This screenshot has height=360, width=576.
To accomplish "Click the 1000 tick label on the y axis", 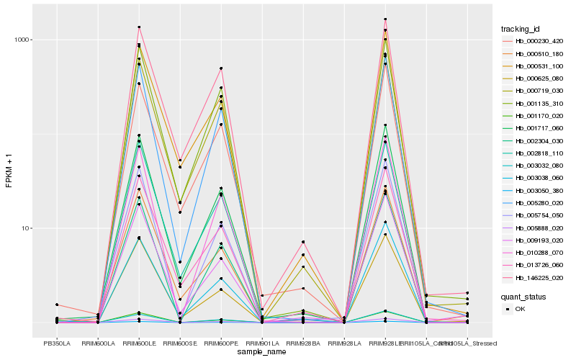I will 22,40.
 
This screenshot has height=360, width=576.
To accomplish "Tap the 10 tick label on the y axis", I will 26,228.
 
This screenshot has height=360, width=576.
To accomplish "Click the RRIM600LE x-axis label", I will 139,343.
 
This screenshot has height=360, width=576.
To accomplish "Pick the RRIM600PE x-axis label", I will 221,343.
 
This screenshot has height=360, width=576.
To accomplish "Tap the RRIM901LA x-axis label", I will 262,343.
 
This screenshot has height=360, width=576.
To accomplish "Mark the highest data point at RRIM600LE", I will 139,27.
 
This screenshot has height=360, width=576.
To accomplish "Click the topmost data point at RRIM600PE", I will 221,68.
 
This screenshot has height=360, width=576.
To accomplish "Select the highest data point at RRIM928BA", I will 303,242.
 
